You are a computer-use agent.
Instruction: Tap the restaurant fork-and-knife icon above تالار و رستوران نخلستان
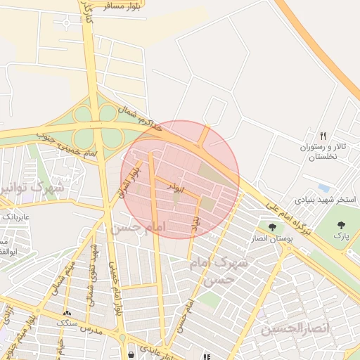[323, 136]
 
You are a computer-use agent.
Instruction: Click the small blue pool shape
[324, 188]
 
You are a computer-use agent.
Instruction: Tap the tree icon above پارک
[342, 225]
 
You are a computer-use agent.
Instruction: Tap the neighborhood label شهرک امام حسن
[219, 271]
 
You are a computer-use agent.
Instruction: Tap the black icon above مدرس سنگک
[67, 314]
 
